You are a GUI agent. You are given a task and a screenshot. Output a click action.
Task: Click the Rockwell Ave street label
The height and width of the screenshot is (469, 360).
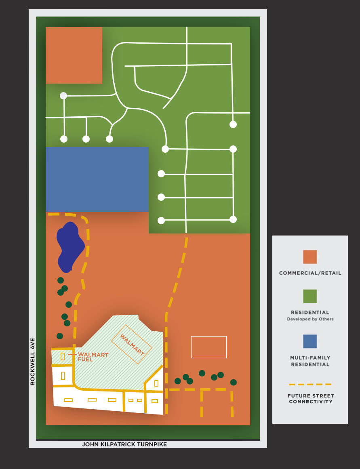(x=33, y=362)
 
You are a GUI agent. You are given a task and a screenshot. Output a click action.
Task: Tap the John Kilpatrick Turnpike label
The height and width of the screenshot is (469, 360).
(x=124, y=444)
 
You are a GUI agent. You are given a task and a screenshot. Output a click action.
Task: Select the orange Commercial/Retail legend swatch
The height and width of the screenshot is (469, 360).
(x=310, y=257)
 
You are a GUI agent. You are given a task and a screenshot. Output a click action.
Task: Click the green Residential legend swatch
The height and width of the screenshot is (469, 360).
(x=310, y=296)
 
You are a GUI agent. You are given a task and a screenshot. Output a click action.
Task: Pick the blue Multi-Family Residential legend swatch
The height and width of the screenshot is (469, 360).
(x=310, y=341)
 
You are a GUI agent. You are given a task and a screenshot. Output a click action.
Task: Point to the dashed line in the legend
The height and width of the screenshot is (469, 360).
(x=310, y=384)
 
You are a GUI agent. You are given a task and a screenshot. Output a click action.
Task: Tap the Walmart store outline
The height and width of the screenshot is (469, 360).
(x=132, y=344)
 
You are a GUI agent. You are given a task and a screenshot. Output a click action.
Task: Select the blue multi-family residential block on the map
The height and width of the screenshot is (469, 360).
(x=97, y=179)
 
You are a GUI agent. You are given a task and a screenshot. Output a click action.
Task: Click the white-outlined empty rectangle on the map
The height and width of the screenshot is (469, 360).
(x=208, y=347)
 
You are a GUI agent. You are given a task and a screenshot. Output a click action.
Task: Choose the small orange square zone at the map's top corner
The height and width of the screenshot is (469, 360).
(x=74, y=55)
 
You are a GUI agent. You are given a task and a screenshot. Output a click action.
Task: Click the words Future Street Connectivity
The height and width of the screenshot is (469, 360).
(x=310, y=399)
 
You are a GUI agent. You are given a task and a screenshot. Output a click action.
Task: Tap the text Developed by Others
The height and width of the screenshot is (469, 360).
(x=310, y=319)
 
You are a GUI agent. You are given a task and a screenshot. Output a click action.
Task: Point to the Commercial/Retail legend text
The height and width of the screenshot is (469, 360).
(x=310, y=273)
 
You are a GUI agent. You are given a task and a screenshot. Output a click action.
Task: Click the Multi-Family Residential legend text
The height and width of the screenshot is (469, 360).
(x=310, y=361)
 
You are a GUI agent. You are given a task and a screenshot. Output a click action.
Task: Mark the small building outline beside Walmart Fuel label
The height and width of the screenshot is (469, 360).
(x=63, y=356)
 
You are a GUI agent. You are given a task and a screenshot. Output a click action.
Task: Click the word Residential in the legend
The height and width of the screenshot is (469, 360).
(x=310, y=312)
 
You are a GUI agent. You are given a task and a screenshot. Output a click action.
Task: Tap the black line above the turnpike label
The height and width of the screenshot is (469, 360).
(x=148, y=440)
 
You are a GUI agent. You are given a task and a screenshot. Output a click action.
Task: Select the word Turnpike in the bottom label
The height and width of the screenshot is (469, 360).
(x=152, y=444)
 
